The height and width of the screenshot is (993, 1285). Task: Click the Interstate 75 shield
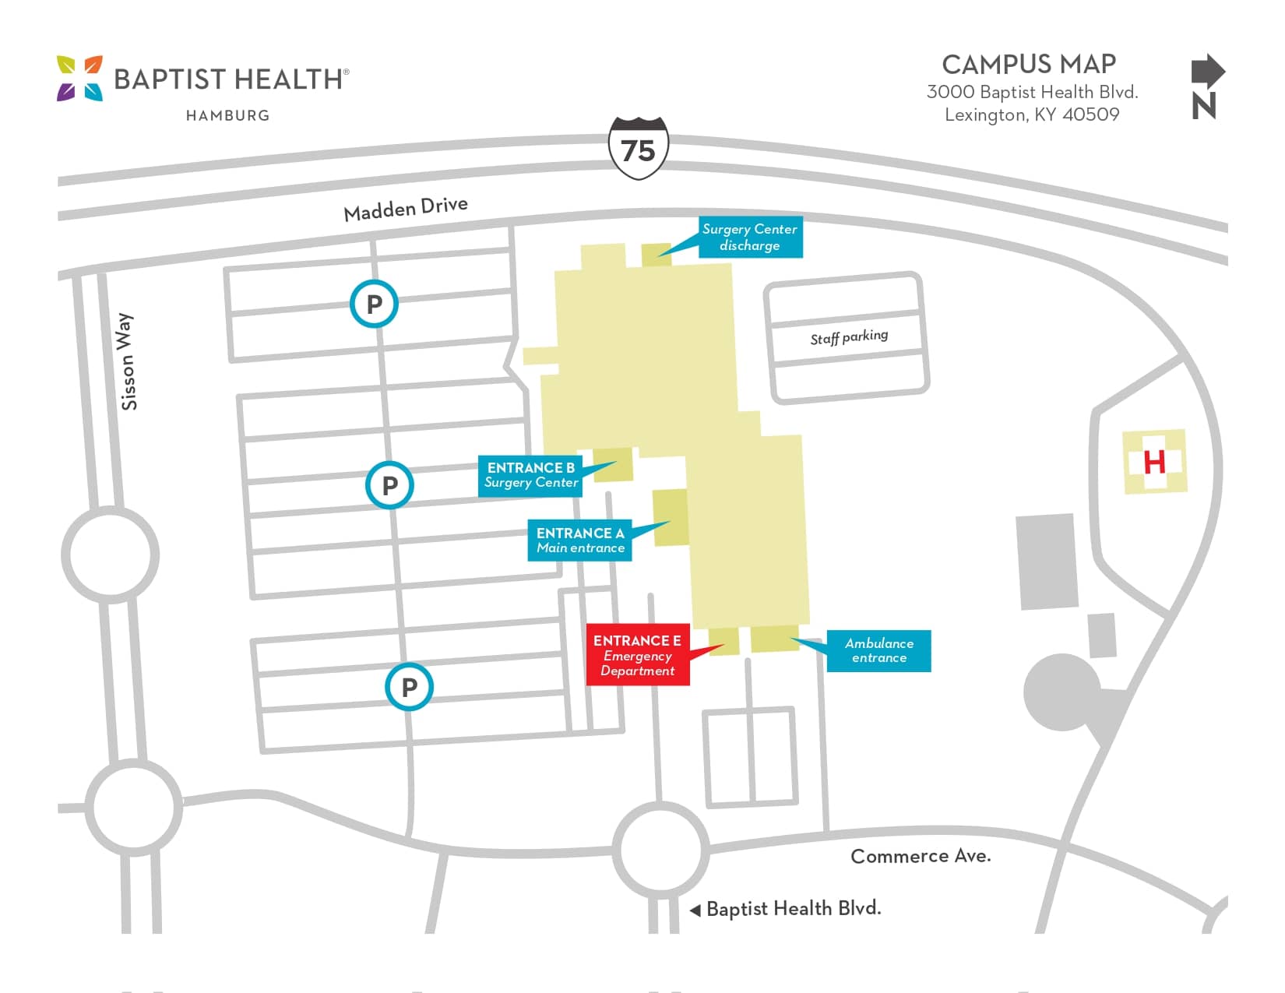click(x=638, y=149)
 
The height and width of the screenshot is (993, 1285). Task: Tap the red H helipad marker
click(x=1154, y=462)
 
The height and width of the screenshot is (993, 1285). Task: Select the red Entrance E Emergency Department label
click(x=637, y=655)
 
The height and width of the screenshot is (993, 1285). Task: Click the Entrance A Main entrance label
click(x=580, y=541)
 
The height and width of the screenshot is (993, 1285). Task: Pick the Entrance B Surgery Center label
click(x=530, y=475)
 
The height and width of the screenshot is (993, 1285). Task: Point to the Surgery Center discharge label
click(x=749, y=237)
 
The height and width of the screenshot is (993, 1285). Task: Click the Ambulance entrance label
click(x=878, y=650)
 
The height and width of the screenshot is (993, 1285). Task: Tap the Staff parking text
click(x=849, y=337)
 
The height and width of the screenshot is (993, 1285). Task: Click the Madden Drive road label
click(x=406, y=209)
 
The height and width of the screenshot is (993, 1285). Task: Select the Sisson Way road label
click(x=127, y=361)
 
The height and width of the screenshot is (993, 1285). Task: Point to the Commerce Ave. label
click(x=921, y=856)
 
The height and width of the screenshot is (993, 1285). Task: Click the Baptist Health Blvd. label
click(x=793, y=909)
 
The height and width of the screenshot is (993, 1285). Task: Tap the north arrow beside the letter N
click(x=1207, y=72)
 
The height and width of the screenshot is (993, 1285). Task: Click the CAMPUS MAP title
click(x=1029, y=64)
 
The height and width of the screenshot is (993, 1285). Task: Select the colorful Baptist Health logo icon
click(x=79, y=78)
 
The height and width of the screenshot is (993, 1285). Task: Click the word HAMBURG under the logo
click(x=227, y=115)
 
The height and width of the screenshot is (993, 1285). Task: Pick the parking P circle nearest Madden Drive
click(x=374, y=304)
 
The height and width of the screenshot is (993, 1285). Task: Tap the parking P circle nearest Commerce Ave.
click(x=409, y=687)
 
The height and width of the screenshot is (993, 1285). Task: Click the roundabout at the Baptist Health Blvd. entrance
click(x=660, y=848)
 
